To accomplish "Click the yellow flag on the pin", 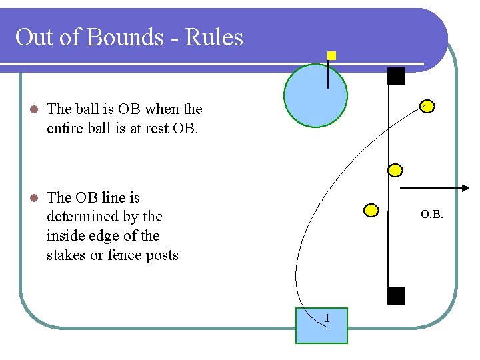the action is pyautogui.click(x=331, y=57).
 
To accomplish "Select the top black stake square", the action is pyautogui.click(x=397, y=76).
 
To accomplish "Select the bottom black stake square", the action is pyautogui.click(x=397, y=296).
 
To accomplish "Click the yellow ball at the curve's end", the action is pyautogui.click(x=427, y=106).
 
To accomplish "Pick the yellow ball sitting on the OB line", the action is pyautogui.click(x=395, y=170).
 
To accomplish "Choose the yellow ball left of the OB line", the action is pyautogui.click(x=371, y=211).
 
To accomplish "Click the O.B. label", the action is pyautogui.click(x=432, y=215).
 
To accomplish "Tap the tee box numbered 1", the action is pyautogui.click(x=322, y=325).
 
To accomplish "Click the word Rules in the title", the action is pyautogui.click(x=214, y=37).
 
